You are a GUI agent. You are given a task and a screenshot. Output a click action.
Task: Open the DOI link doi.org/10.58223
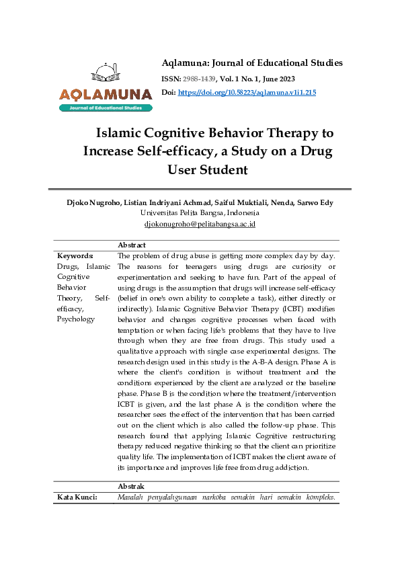(247, 92)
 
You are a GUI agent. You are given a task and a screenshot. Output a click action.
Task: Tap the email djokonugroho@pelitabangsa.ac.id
(200, 224)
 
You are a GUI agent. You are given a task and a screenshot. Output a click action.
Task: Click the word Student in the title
(221, 169)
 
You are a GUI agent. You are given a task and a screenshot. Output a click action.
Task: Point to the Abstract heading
(132, 245)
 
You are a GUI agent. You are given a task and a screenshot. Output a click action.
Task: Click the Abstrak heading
(131, 486)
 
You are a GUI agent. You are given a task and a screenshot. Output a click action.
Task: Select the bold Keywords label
(75, 255)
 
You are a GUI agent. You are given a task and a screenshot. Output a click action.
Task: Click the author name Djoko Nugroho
(94, 202)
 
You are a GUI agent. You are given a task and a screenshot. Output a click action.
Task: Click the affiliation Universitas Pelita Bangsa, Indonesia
(200, 212)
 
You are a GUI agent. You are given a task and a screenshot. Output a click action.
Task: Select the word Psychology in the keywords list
(76, 319)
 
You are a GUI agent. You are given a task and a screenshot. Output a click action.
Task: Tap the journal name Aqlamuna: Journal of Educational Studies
(252, 63)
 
